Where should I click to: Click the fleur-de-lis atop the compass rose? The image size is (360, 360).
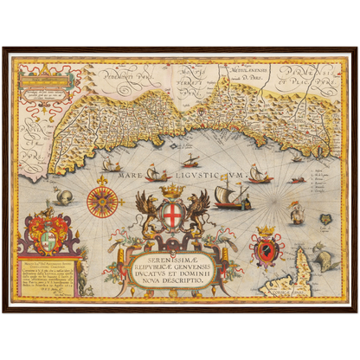click(x=102, y=180)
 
